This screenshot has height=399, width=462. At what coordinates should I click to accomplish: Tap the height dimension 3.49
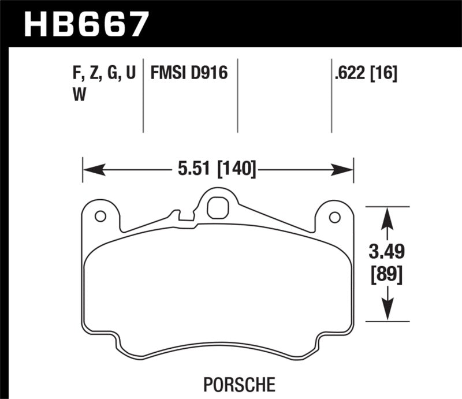click(x=388, y=252)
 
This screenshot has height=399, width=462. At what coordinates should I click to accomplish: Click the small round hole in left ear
click(x=99, y=217)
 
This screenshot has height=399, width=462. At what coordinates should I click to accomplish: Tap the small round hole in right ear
click(x=334, y=217)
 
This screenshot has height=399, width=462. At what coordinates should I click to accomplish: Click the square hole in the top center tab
click(x=217, y=206)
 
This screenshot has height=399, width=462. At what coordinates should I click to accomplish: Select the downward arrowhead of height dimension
click(x=388, y=312)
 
